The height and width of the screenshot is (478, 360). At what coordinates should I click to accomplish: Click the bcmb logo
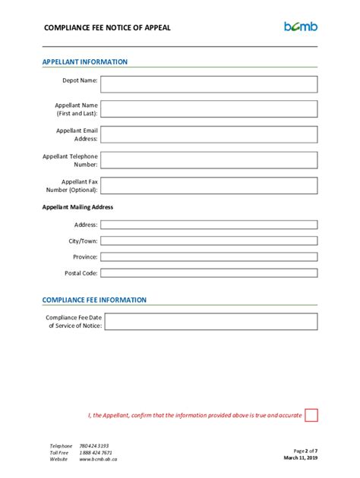pos(301,27)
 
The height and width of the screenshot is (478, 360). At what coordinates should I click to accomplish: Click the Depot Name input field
pos(209,83)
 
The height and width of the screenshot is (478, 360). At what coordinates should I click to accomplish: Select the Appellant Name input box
pos(209,108)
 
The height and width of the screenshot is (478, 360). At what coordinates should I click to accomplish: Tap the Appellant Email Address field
pos(209,134)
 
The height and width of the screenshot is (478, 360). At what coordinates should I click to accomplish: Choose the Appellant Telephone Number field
pos(209,160)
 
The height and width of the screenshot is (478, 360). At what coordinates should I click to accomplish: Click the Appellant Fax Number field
pos(209,186)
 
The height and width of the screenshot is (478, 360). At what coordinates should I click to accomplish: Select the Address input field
pos(209,225)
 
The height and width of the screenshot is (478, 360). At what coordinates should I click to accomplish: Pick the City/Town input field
pos(209,241)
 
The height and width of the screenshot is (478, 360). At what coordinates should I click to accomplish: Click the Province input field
pos(209,256)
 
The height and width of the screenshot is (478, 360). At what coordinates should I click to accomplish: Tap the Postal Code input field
pos(209,273)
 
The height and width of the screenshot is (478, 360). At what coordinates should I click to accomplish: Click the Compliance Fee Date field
pos(209,321)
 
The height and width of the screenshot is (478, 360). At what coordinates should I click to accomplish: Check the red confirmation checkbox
pos(311,415)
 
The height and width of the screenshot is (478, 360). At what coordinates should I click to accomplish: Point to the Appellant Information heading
pos(85,62)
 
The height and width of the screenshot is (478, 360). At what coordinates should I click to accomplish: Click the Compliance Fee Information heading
pos(94,300)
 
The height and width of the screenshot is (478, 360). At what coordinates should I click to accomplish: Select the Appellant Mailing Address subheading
pos(78,206)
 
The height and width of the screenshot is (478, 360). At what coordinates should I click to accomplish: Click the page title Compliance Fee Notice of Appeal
pos(107,28)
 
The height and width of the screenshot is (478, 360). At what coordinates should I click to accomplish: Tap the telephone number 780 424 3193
pos(94,446)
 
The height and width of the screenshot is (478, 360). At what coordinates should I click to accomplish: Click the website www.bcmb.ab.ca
pos(98,460)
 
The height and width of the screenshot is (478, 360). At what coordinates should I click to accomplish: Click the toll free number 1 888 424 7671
pos(96,453)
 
